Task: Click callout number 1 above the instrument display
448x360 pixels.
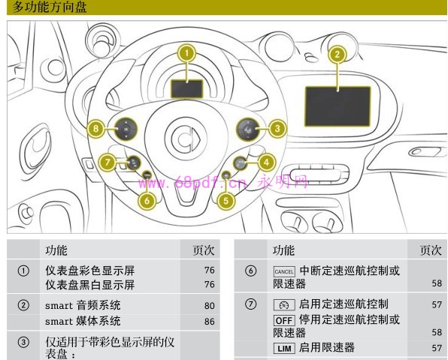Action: click(x=186, y=53)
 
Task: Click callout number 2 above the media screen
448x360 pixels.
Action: click(x=338, y=55)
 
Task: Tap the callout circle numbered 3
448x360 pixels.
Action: click(x=277, y=129)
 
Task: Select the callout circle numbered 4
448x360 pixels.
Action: click(x=266, y=162)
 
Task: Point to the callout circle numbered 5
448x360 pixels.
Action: click(x=226, y=201)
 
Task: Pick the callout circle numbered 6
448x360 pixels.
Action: click(x=147, y=201)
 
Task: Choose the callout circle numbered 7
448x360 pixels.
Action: click(x=107, y=162)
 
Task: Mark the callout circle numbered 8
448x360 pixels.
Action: click(x=95, y=129)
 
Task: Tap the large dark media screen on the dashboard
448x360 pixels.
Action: click(x=338, y=106)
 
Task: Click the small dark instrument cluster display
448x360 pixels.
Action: click(x=186, y=89)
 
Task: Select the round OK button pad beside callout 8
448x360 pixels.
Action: click(x=126, y=129)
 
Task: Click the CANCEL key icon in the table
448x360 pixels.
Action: click(x=284, y=271)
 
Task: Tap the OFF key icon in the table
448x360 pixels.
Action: click(x=284, y=320)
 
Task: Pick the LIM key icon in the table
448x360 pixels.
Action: click(x=284, y=348)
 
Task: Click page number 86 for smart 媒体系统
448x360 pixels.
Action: click(x=210, y=322)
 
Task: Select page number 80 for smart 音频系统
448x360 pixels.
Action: click(x=210, y=306)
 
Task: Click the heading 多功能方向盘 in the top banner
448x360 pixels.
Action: click(x=50, y=7)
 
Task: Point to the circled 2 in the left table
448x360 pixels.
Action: click(x=23, y=305)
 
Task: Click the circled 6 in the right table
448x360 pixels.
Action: click(x=250, y=271)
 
